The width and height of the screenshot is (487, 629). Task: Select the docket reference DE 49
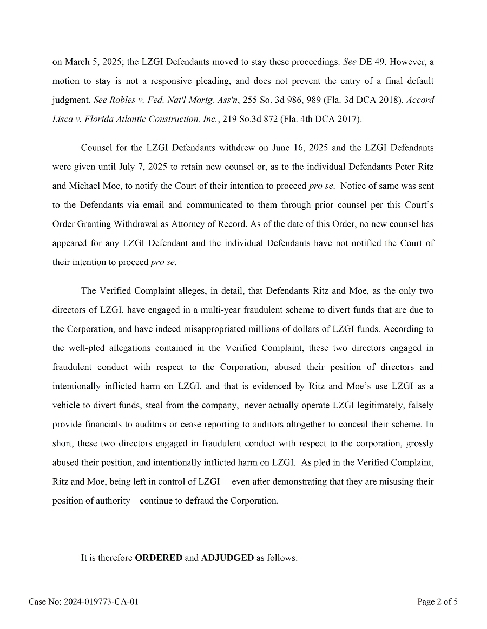click(x=373, y=62)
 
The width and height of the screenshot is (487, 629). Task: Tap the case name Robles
click(x=122, y=100)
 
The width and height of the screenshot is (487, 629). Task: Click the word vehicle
click(x=67, y=405)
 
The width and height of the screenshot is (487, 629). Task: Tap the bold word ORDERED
click(x=159, y=558)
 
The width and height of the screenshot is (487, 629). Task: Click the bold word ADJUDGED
click(x=227, y=558)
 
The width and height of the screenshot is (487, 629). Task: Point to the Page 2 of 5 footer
click(x=437, y=601)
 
